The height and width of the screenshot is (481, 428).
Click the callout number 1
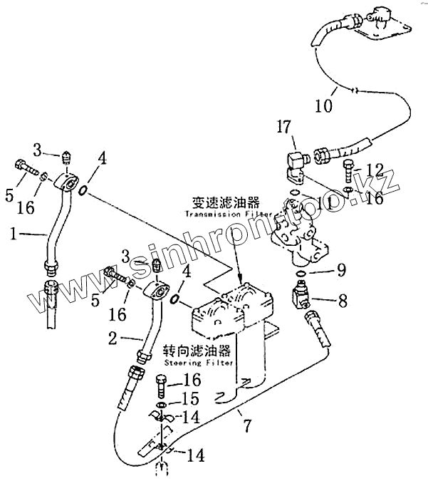(14, 233)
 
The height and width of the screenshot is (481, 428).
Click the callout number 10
(323, 106)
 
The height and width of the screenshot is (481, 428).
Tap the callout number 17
(284, 128)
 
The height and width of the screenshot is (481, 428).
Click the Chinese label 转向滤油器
(197, 351)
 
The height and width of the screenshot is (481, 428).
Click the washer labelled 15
(162, 404)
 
